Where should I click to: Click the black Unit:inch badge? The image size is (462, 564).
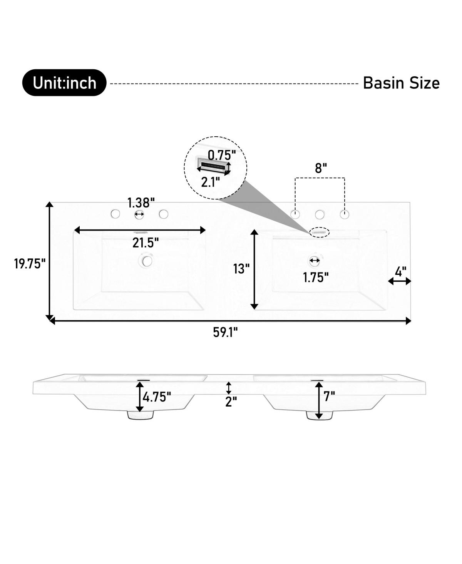tap(64, 83)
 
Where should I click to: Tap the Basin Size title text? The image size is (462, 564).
tap(401, 83)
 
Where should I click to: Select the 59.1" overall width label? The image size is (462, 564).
tap(225, 332)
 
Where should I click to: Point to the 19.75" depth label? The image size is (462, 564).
tap(30, 264)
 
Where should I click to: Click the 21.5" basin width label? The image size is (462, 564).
tap(146, 243)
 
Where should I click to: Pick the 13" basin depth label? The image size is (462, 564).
tap(241, 269)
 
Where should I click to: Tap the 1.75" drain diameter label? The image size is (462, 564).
tap(316, 277)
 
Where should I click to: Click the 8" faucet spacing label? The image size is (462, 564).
tap(321, 168)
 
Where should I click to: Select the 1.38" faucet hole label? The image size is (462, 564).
tap(141, 203)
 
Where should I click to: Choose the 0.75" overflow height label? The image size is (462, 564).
tap(222, 155)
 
